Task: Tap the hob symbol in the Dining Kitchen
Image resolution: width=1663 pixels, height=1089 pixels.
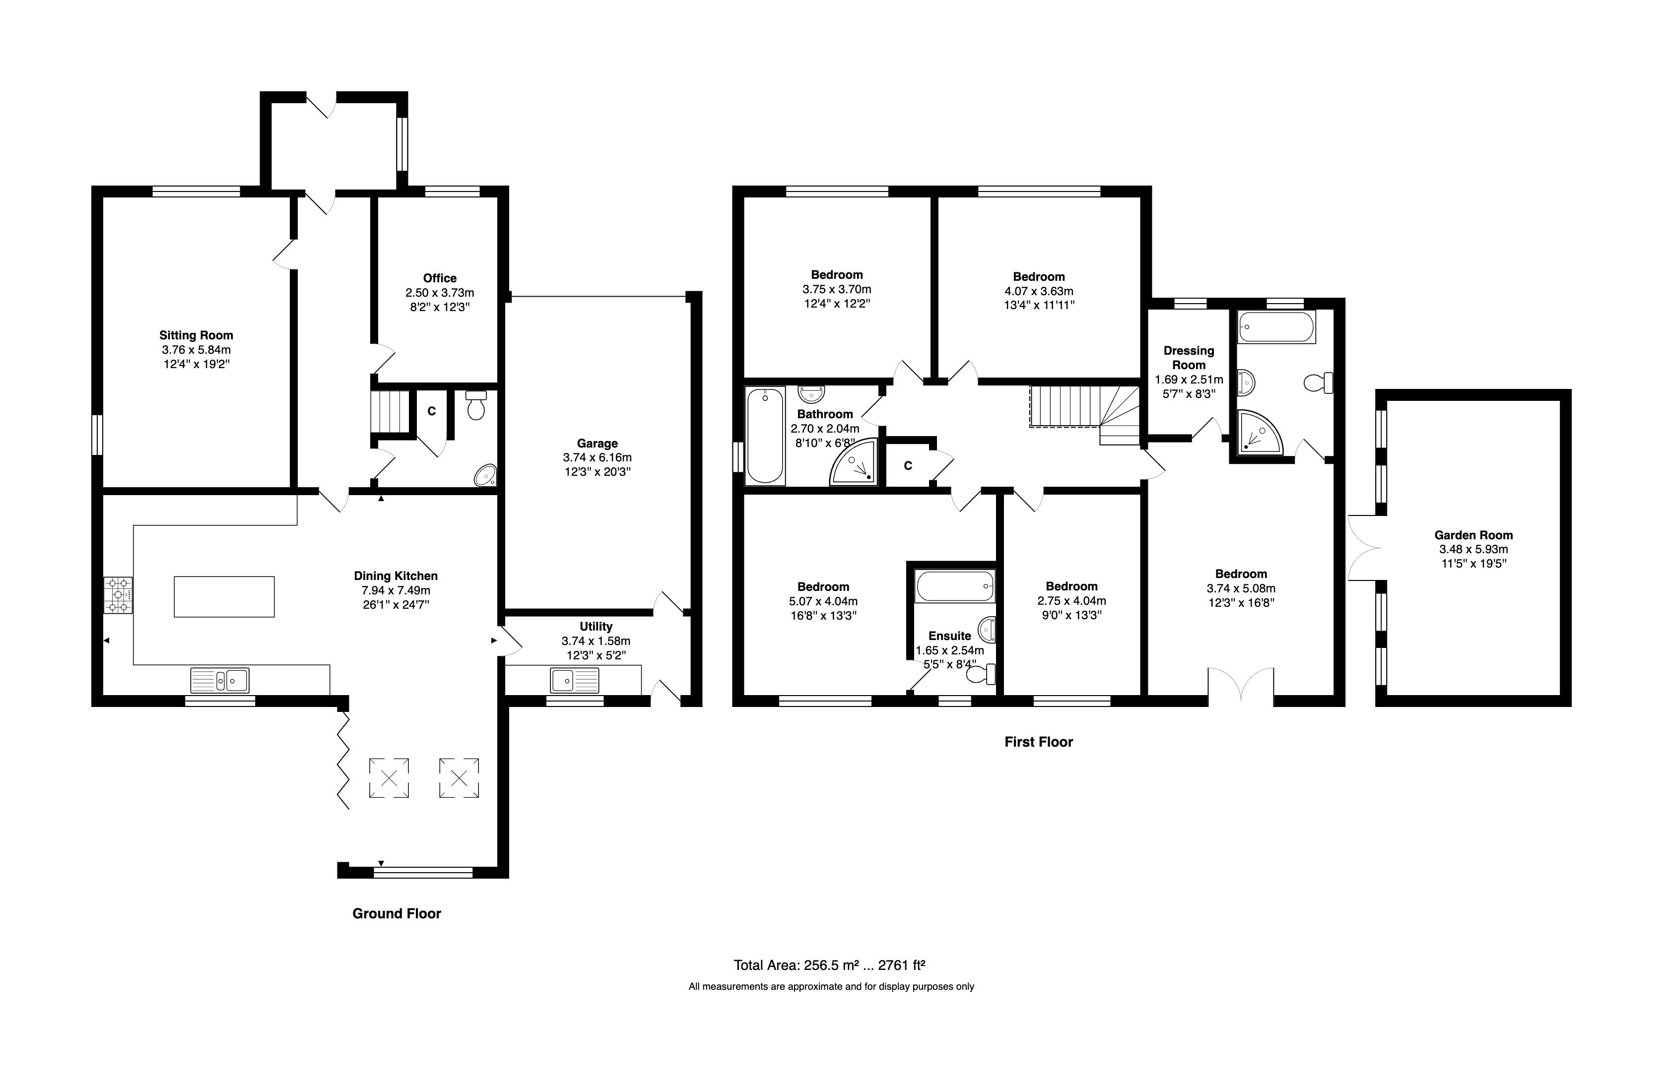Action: click(x=118, y=595)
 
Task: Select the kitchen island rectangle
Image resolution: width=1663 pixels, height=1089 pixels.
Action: click(x=224, y=596)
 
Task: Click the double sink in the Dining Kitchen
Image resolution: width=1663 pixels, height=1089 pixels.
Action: click(x=219, y=680)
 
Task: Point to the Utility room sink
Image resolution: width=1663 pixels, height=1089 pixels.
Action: click(x=574, y=679)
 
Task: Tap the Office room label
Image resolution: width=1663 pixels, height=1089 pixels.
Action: click(x=440, y=278)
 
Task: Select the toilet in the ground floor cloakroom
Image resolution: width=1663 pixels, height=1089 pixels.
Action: click(x=476, y=405)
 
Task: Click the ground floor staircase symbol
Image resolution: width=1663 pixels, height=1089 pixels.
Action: click(x=389, y=412)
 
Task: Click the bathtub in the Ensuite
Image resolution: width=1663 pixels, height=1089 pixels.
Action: click(x=954, y=585)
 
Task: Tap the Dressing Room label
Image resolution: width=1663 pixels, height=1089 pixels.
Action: click(x=1189, y=358)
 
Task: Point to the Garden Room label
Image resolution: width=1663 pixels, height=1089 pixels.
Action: click(x=1473, y=535)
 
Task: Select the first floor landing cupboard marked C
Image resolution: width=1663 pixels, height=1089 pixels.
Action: click(x=908, y=465)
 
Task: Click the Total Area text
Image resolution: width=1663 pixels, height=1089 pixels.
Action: click(x=829, y=965)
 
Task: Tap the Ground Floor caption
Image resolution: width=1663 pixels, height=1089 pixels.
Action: click(x=396, y=914)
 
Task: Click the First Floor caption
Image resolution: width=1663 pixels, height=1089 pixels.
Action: click(x=1038, y=742)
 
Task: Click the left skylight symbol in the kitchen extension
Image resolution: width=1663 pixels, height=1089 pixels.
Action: click(x=389, y=777)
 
